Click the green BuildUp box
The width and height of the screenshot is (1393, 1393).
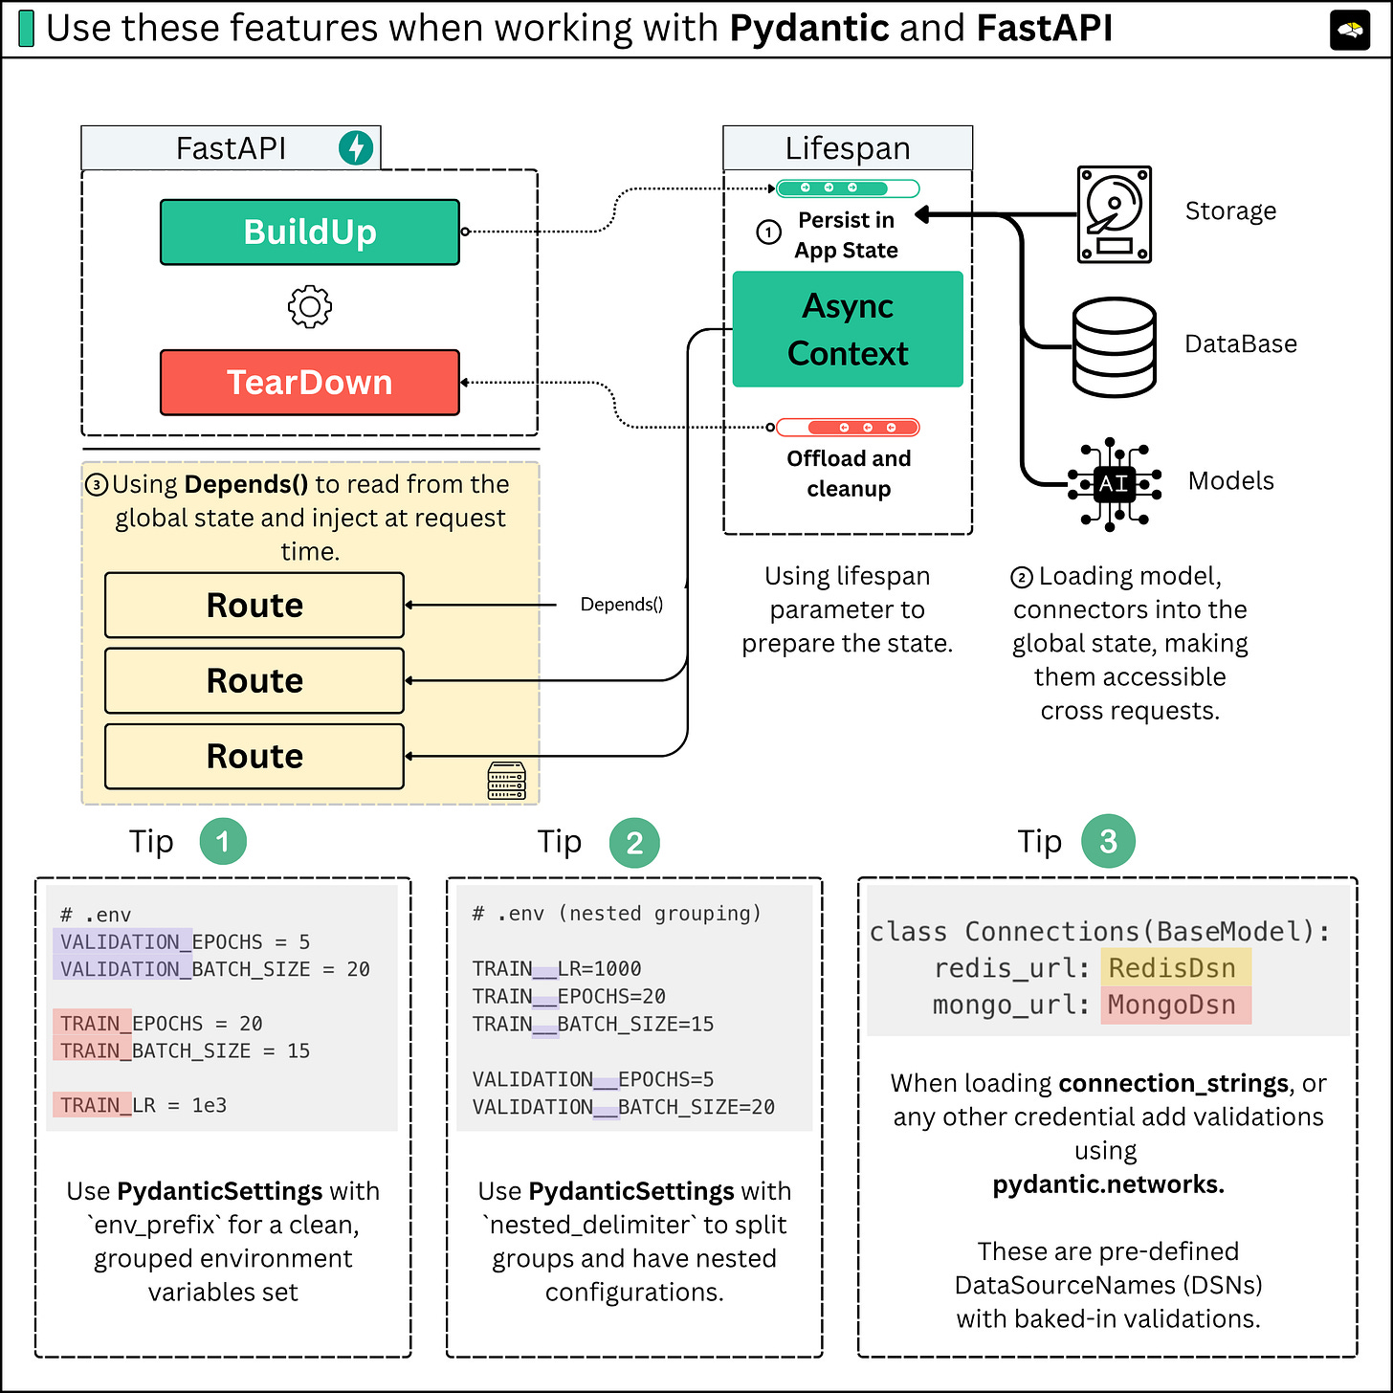[309, 232]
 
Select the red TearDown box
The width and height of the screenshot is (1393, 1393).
[309, 382]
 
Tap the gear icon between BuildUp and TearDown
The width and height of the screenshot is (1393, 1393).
[309, 307]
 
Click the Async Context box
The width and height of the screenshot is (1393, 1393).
[848, 329]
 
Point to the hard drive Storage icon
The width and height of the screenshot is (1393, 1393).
[1114, 214]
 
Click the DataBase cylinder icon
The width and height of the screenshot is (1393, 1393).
[1114, 346]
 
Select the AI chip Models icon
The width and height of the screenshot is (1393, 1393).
[1114, 483]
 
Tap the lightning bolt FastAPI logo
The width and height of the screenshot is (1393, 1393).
[356, 147]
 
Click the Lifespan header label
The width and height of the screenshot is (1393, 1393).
[848, 148]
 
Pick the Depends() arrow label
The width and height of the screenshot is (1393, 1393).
[622, 605]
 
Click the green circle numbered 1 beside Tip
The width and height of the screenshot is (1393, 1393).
[223, 842]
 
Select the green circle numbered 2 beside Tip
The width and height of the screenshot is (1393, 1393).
[634, 843]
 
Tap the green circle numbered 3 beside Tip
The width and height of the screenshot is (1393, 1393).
[1108, 842]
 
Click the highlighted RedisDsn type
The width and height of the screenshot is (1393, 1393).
[1174, 968]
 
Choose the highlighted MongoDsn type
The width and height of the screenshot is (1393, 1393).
[1174, 1005]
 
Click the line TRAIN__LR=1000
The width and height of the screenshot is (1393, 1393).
[557, 968]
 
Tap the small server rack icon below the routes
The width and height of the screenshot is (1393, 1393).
[506, 781]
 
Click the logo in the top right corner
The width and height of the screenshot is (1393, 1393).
[1350, 31]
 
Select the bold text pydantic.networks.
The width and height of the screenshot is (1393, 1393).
[1108, 1184]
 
